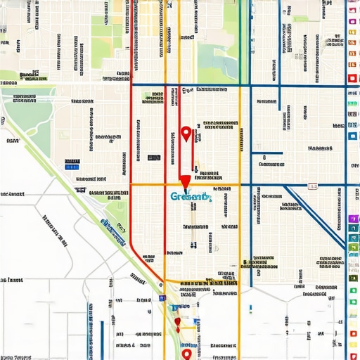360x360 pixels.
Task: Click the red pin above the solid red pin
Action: [186, 133]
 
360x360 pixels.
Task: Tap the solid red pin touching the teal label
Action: [184, 183]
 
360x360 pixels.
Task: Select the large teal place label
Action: [190, 197]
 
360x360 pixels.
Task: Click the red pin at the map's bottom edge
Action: [186, 354]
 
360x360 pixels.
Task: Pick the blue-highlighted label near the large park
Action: [72, 166]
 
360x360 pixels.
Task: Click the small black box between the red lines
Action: [153, 157]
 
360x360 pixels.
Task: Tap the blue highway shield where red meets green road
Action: [162, 298]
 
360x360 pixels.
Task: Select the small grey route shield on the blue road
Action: [312, 186]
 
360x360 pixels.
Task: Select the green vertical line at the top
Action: [240, 28]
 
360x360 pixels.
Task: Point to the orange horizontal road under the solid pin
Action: [211, 185]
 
